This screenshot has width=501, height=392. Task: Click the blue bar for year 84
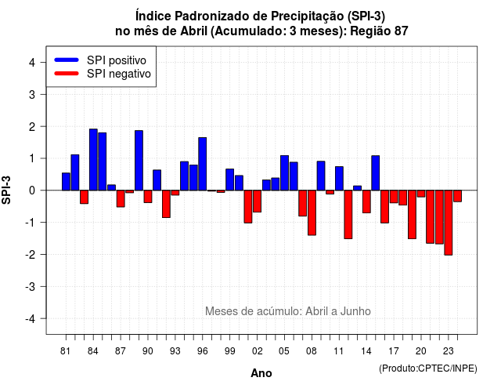pyautogui.click(x=93, y=160)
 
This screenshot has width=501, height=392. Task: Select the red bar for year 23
pyautogui.click(x=449, y=223)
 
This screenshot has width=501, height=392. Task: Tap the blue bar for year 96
pyautogui.click(x=203, y=164)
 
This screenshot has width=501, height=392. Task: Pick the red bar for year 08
pyautogui.click(x=312, y=212)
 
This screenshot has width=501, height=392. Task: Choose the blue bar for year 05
pyautogui.click(x=284, y=172)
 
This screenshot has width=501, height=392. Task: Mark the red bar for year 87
pyautogui.click(x=121, y=198)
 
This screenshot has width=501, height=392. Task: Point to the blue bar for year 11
pyautogui.click(x=339, y=179)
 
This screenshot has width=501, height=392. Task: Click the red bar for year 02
pyautogui.click(x=258, y=201)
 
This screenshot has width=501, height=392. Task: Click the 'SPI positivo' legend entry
pyautogui.click(x=100, y=60)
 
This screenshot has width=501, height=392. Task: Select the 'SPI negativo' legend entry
pyautogui.click(x=103, y=74)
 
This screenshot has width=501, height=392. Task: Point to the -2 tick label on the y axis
pyautogui.click(x=31, y=255)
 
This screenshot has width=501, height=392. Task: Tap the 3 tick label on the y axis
pyautogui.click(x=32, y=94)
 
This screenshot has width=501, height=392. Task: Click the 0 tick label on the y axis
pyautogui.click(x=32, y=191)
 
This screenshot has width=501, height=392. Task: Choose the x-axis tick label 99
pyautogui.click(x=229, y=351)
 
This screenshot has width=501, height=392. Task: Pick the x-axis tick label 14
pyautogui.click(x=366, y=351)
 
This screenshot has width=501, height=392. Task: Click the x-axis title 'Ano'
pyautogui.click(x=261, y=373)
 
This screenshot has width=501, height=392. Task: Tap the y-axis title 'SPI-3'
pyautogui.click(x=6, y=190)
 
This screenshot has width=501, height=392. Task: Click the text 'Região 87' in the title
pyautogui.click(x=379, y=31)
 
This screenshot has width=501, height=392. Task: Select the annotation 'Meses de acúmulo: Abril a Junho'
pyautogui.click(x=288, y=311)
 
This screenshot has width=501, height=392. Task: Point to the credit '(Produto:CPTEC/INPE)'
pyautogui.click(x=428, y=368)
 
